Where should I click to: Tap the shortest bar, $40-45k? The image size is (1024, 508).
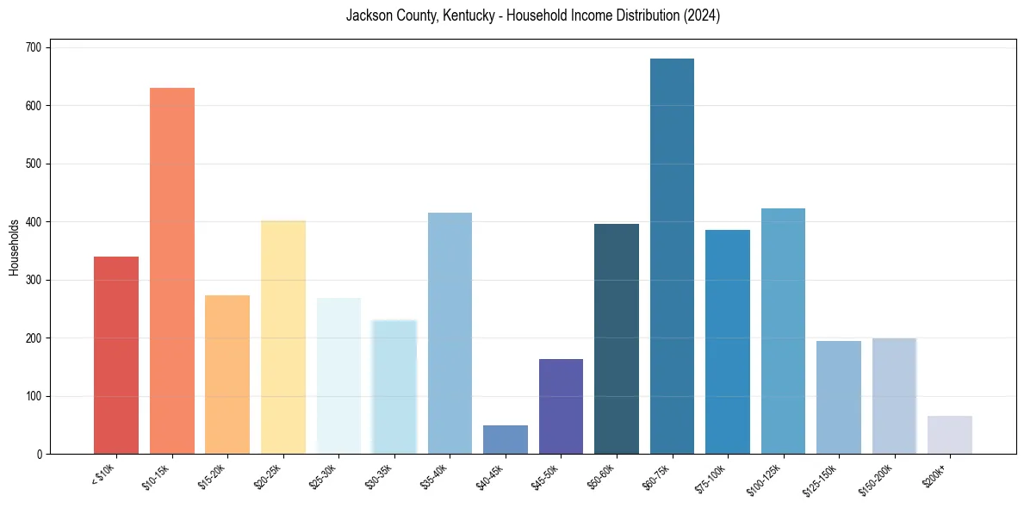coord(506,440)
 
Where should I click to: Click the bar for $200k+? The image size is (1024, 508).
coord(950,435)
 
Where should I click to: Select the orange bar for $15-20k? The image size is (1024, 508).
coord(227,375)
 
